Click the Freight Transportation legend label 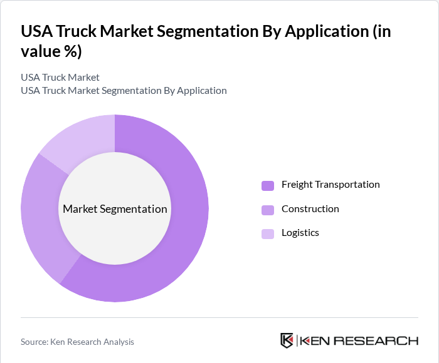pos(331,185)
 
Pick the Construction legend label pos(310,209)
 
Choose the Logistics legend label pos(300,233)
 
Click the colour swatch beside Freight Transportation pos(268,185)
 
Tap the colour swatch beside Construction pos(268,210)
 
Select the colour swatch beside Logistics pos(268,233)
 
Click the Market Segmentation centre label pos(115,209)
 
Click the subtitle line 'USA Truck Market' pos(60,78)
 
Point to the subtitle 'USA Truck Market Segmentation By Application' pos(124,91)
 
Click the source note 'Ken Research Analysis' pos(93,342)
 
